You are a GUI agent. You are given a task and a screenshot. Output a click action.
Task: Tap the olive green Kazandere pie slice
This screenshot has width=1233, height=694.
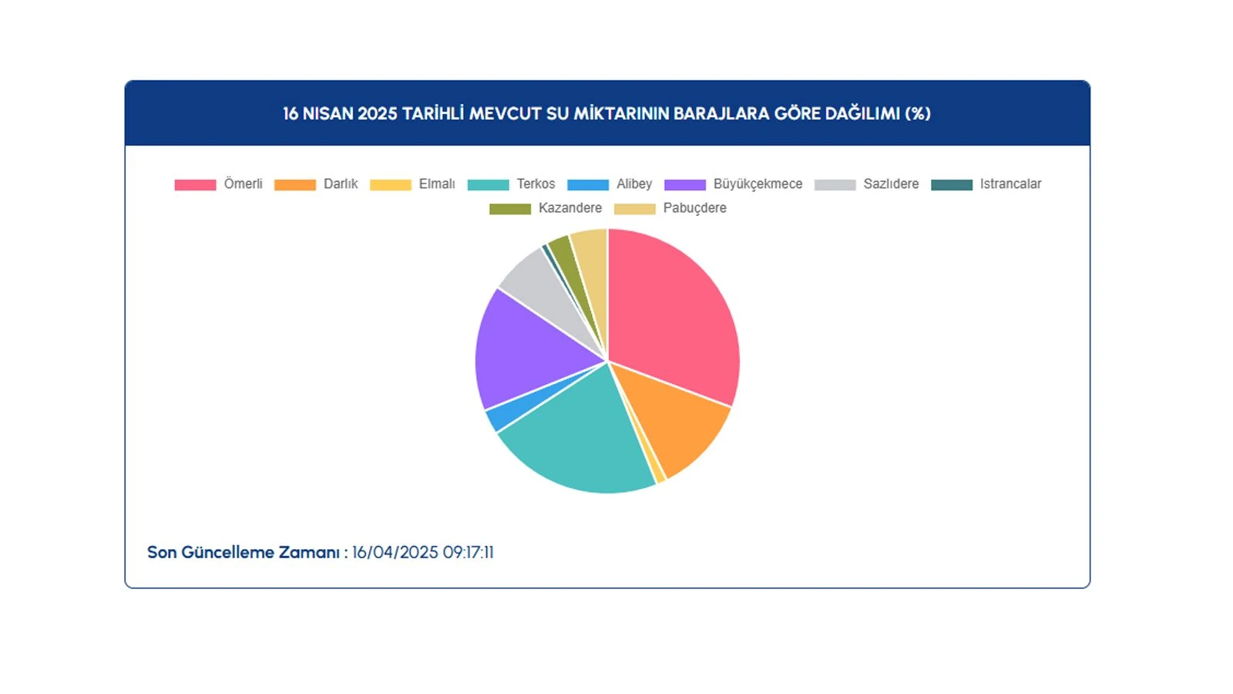(x=567, y=264)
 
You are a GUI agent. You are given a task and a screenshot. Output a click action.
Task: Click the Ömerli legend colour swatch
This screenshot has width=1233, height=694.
(x=196, y=184)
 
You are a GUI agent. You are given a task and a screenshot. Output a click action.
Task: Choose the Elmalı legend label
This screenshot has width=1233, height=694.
(x=437, y=184)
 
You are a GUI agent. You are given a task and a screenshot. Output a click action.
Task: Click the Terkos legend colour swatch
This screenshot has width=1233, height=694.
(x=489, y=184)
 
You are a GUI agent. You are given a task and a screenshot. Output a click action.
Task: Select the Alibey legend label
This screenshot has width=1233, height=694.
(x=634, y=184)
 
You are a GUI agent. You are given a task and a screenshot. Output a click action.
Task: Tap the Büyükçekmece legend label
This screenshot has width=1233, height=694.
(x=758, y=184)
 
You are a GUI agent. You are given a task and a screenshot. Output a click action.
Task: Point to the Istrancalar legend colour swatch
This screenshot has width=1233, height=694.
(x=952, y=184)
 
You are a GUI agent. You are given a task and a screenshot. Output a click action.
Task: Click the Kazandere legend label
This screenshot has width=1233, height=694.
(x=570, y=208)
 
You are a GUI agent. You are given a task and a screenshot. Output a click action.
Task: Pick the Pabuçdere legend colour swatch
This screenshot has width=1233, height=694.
(x=635, y=209)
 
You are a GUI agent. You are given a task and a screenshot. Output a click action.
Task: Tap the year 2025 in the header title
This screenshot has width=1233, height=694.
(x=378, y=113)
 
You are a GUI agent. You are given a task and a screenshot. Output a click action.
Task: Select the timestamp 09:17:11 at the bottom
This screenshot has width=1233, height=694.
(x=469, y=552)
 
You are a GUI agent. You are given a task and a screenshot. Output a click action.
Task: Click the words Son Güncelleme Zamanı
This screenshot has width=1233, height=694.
(x=244, y=552)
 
